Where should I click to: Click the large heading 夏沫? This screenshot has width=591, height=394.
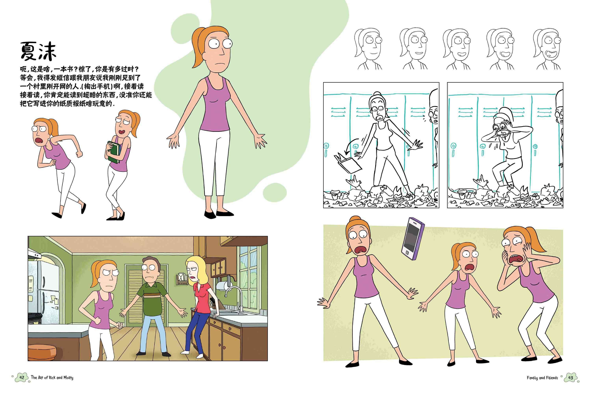point(38,51)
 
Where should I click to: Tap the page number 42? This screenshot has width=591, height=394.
point(22,377)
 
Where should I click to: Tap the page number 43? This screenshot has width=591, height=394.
point(571,378)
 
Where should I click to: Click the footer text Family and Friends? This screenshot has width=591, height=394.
point(542,378)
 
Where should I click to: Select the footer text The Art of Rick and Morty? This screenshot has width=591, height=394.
point(52,377)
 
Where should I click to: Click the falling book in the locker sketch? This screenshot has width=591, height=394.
point(348,163)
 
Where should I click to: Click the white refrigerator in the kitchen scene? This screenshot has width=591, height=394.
point(44,292)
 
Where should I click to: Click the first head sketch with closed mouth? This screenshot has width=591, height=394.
point(368,49)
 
